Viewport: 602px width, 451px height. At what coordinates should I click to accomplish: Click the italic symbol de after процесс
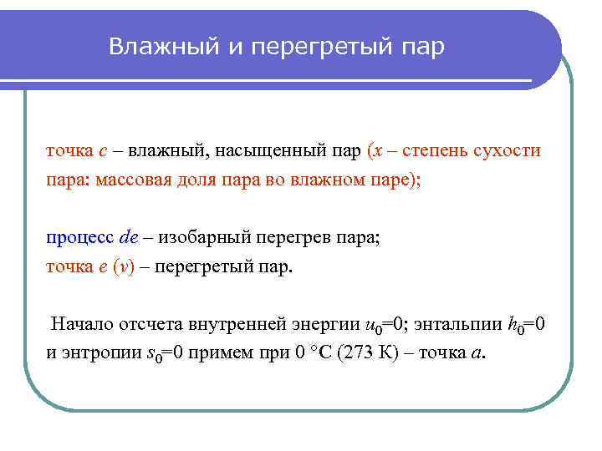[x=126, y=238]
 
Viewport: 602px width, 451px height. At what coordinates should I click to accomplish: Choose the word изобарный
[x=197, y=238]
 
